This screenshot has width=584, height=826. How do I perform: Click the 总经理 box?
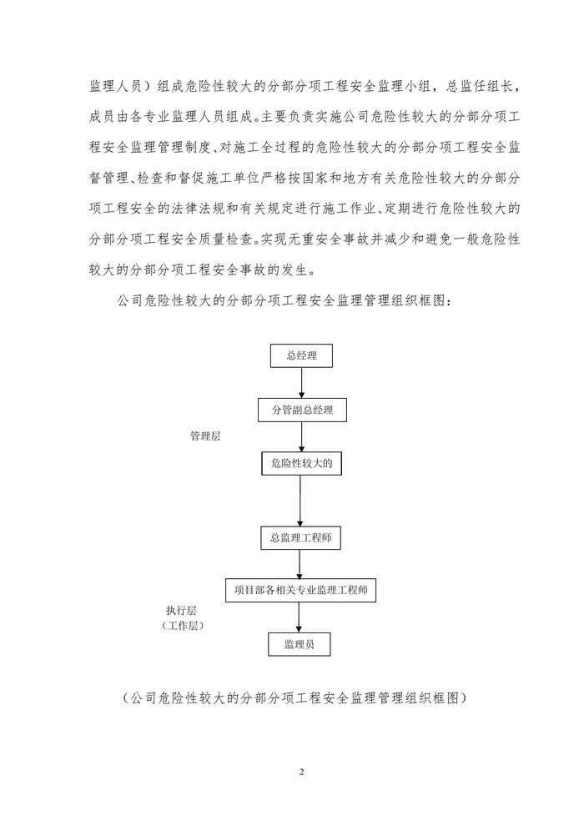(300, 356)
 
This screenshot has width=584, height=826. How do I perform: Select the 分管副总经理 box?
(300, 410)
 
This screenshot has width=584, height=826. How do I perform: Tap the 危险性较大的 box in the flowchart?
(301, 462)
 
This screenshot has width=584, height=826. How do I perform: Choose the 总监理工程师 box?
(300, 536)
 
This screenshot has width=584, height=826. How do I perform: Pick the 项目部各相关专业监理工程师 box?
(301, 590)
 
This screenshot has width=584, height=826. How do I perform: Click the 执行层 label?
(183, 610)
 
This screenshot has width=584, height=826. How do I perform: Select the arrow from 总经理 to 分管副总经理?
(301, 383)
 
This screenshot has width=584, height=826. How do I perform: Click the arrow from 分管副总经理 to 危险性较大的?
(300, 436)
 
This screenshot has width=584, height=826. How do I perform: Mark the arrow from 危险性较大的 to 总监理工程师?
(300, 499)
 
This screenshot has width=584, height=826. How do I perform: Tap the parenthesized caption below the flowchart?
(291, 698)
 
